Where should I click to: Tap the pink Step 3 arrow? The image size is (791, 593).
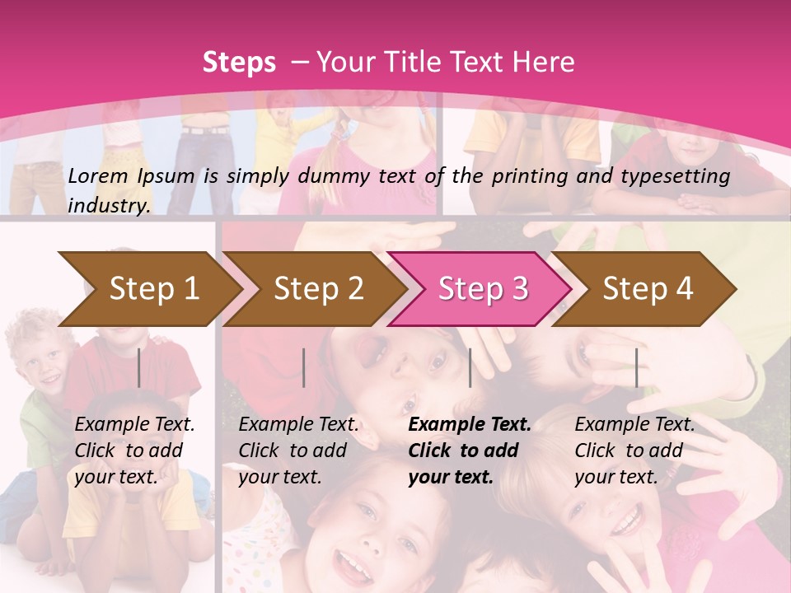pos(483,288)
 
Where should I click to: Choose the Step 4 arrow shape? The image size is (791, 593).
pos(648,288)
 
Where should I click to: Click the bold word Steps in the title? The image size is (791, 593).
pos(239,62)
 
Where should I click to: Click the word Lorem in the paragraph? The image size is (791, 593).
pos(98,175)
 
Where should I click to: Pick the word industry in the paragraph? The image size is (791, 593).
pos(108,205)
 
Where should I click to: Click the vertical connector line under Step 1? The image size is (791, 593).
pos(139,367)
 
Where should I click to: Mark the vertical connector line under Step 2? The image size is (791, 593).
pos(304,367)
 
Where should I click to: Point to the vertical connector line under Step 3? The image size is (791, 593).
pos(470,367)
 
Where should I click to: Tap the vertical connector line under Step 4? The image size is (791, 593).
pos(636,367)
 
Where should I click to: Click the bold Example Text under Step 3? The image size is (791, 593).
pos(470,425)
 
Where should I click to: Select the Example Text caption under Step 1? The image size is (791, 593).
pos(135,425)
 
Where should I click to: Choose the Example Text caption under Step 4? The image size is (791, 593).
pos(634,425)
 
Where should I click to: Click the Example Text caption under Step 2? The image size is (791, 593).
pos(299,425)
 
